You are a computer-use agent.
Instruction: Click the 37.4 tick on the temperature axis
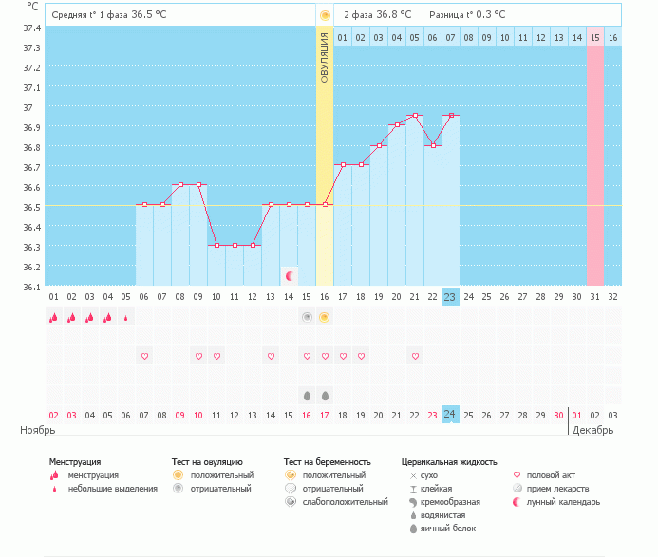click(31, 28)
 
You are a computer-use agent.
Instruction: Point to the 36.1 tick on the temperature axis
click(31, 287)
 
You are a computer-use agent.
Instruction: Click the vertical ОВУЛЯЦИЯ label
click(325, 58)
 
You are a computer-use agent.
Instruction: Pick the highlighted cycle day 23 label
click(450, 296)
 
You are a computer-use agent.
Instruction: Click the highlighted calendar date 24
click(450, 415)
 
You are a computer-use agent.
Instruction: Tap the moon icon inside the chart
click(290, 276)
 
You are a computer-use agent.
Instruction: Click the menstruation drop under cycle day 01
click(53, 318)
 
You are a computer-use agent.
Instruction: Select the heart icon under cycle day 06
click(144, 356)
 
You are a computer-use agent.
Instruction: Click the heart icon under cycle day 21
click(415, 356)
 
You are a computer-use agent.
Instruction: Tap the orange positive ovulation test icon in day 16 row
click(325, 317)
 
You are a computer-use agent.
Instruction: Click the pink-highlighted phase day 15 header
click(594, 37)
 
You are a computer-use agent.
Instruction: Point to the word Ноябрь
click(38, 430)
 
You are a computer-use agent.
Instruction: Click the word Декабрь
click(593, 430)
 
